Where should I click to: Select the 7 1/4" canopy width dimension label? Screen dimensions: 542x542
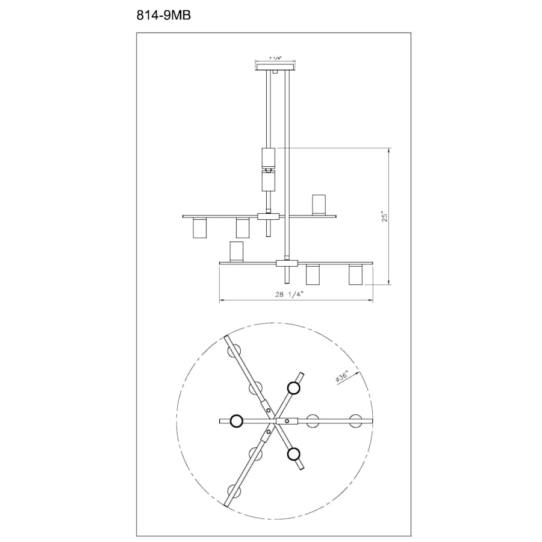pos(275,59)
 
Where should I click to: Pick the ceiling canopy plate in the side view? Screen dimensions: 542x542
pos(275,67)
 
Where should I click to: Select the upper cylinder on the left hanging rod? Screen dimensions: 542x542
pos(268,158)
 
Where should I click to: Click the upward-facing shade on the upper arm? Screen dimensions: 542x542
pos(319,204)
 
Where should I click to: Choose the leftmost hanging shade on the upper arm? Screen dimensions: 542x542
pos(199,228)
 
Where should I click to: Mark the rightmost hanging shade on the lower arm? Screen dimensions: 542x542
pos(356,275)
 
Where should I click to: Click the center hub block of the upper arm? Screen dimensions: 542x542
pos(267,216)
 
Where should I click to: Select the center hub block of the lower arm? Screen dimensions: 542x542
pos(287,263)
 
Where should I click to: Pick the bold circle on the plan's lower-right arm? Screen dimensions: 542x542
pos(294,453)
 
